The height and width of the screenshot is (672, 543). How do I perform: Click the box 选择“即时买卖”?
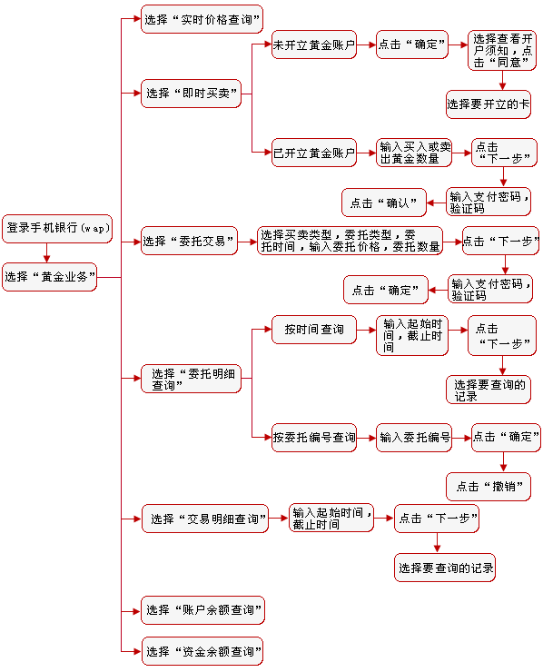coord(191,94)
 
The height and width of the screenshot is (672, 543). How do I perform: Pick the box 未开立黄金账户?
coord(313,44)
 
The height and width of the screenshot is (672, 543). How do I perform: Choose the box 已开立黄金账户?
coord(313,153)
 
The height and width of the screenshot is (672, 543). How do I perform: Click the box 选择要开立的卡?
coord(488,104)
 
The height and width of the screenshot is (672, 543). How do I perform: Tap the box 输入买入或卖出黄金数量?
coord(415,153)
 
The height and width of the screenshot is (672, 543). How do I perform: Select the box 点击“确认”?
coord(383,203)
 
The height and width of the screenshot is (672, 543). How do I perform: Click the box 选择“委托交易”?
coord(189,242)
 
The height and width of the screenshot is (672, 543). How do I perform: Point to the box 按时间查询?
coord(313,330)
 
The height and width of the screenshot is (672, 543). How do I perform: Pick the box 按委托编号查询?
coord(314,438)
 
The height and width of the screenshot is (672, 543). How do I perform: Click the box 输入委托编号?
coord(415,438)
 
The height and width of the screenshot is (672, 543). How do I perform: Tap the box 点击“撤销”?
coord(489,487)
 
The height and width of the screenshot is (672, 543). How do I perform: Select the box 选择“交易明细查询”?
coord(206,519)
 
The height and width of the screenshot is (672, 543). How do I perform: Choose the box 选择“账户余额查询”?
coord(202,610)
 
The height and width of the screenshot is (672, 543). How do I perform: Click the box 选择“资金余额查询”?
coord(202,651)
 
